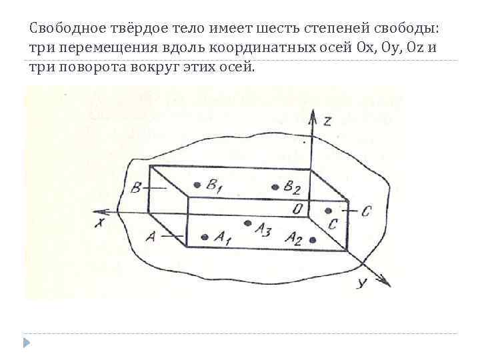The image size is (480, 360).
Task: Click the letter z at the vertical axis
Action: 327,121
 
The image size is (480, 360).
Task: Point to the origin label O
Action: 297,209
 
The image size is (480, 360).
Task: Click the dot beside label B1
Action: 196,185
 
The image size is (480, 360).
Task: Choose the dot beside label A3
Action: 248,223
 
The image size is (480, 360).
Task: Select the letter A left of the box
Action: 151,235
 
